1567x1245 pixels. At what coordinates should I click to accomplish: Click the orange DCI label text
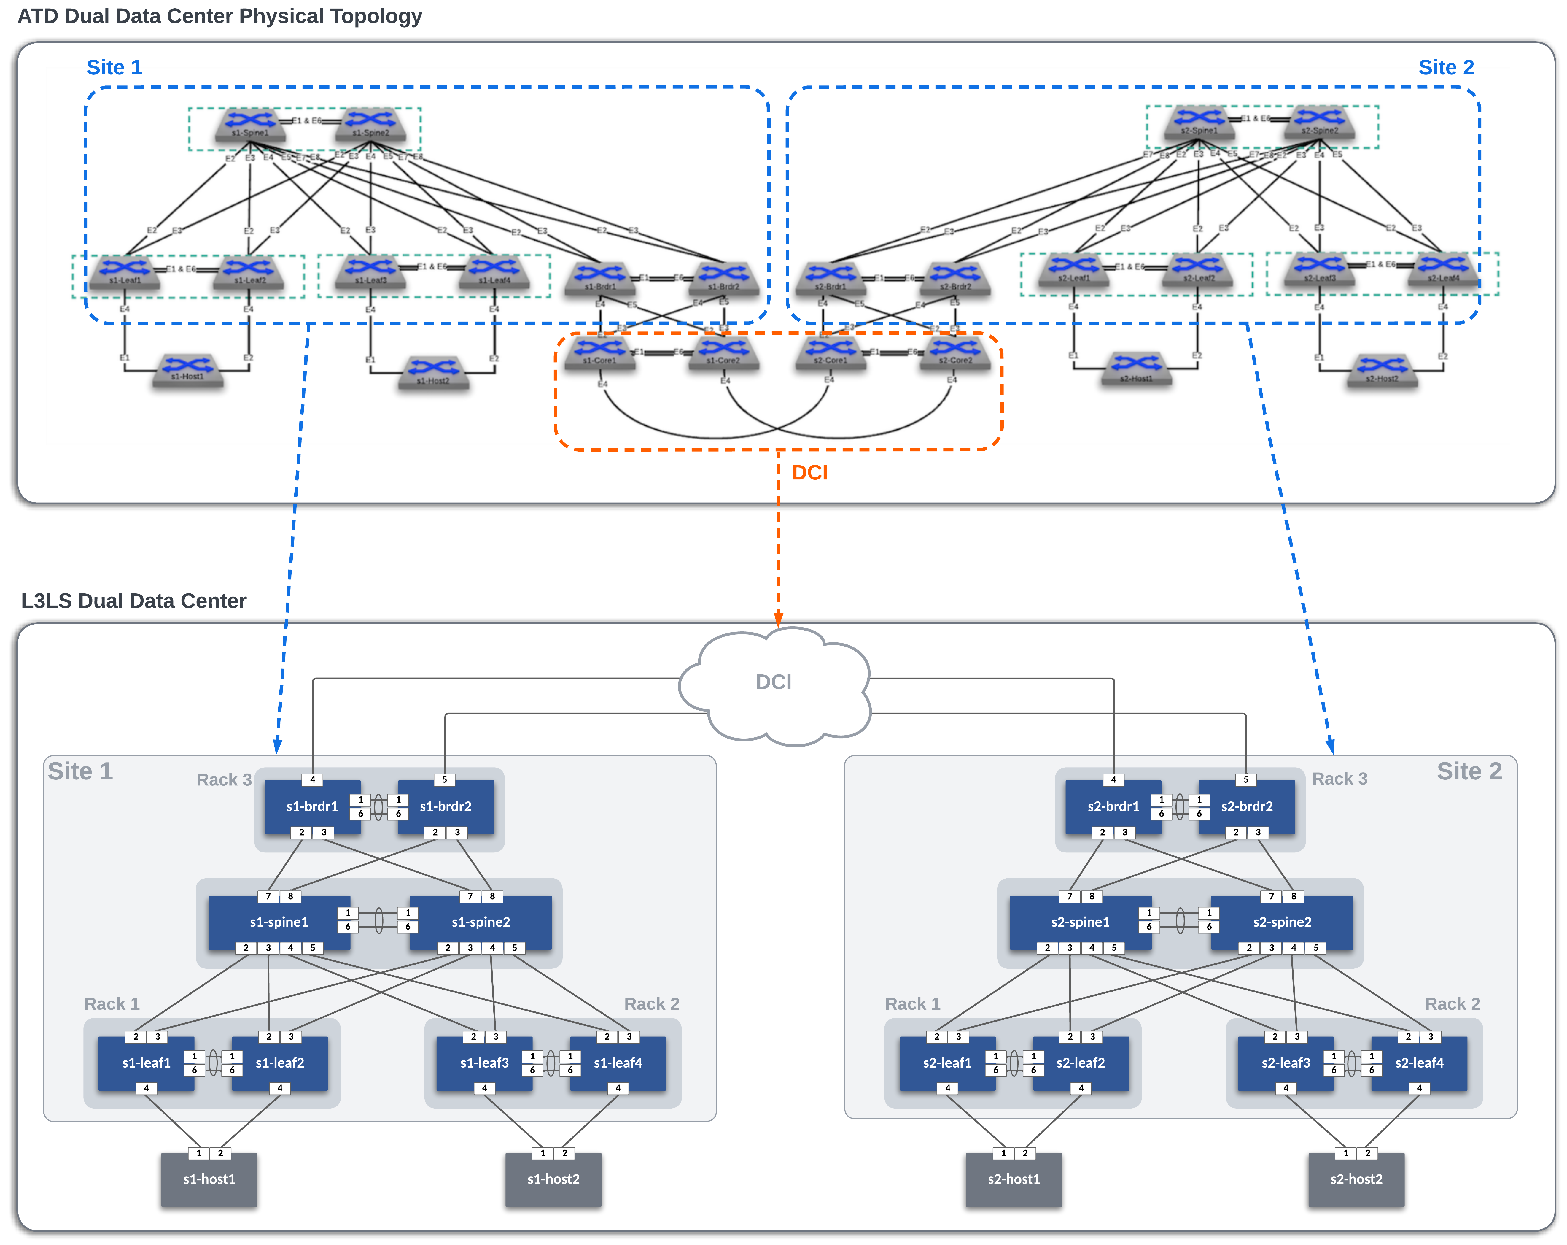pos(810,473)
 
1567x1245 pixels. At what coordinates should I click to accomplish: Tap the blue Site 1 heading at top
pos(114,68)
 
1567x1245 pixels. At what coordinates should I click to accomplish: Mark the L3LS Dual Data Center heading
pos(134,601)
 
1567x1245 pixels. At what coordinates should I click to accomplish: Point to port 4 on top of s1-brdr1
pos(313,779)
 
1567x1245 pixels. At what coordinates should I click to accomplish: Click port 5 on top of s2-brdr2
pos(1246,779)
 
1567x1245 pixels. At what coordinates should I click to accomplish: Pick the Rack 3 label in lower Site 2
pos(1339,779)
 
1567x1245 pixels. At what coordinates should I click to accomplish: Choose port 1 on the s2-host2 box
pos(1346,1153)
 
